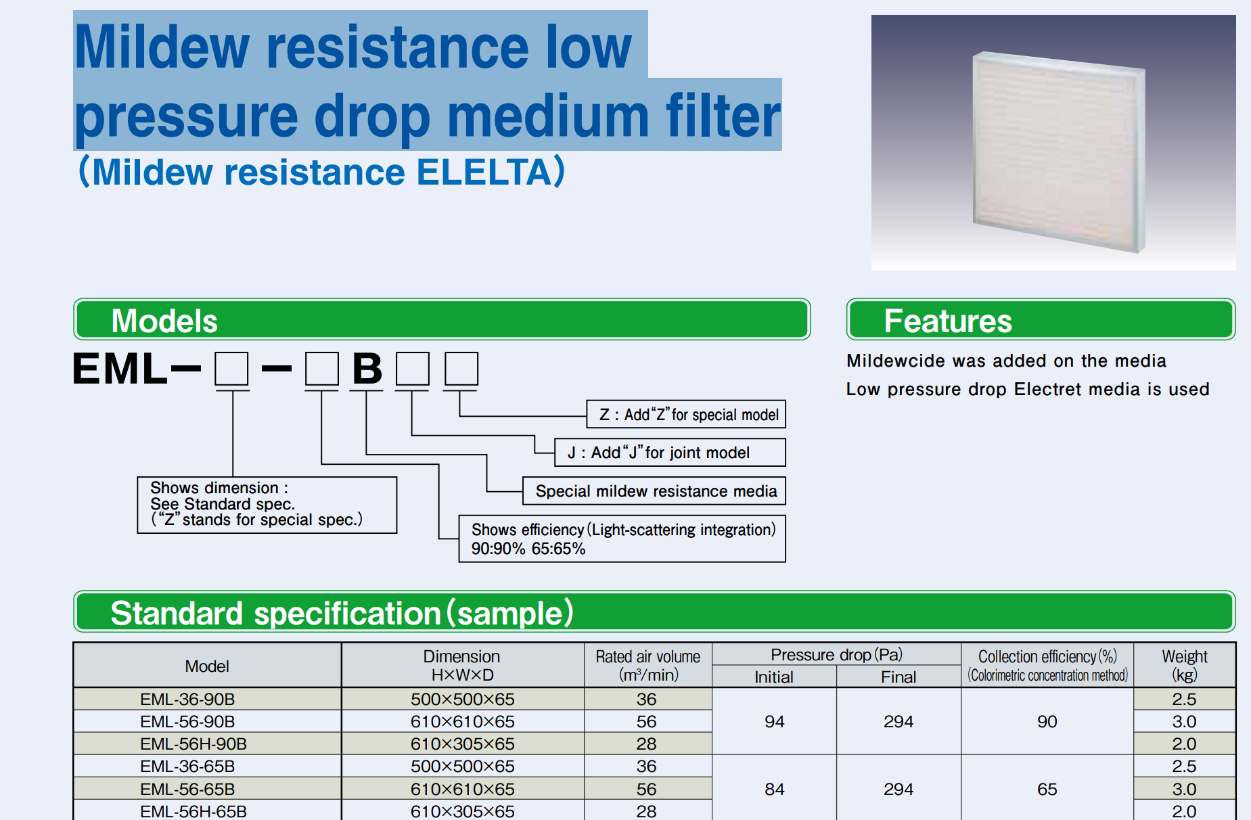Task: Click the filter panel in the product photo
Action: (1059, 152)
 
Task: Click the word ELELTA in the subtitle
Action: (484, 172)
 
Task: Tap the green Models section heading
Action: (442, 319)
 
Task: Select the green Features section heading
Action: (1041, 319)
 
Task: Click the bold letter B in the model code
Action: (367, 369)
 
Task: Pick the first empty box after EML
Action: (231, 369)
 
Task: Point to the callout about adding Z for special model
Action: (686, 414)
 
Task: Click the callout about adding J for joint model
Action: (670, 453)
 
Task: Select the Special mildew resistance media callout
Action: (654, 491)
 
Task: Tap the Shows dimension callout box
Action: (267, 505)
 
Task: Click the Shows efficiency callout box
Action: (622, 539)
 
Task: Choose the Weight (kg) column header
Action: (1185, 665)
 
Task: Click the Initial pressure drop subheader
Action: (774, 677)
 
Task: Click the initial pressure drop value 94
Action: (774, 721)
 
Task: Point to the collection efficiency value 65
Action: (1047, 789)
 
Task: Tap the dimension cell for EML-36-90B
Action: (463, 699)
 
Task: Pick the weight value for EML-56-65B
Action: (1185, 789)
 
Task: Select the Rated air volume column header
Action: (648, 665)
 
